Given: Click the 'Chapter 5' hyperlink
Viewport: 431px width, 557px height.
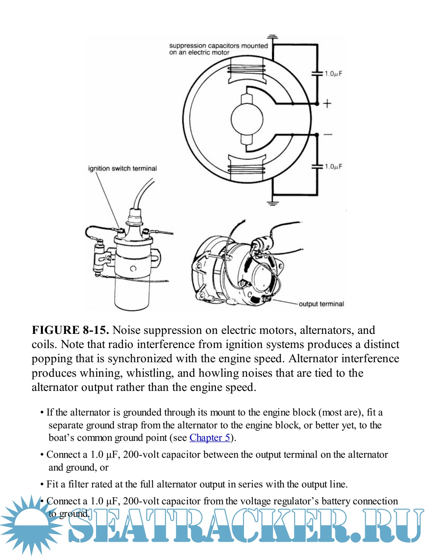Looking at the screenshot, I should pyautogui.click(x=210, y=438).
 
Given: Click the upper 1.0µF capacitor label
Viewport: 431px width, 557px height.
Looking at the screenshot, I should pyautogui.click(x=333, y=74).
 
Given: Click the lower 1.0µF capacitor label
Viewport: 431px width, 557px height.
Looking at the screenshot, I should pyautogui.click(x=333, y=166).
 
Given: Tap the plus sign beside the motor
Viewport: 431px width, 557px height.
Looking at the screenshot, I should pyautogui.click(x=327, y=104).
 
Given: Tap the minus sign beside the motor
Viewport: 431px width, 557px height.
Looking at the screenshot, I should pyautogui.click(x=328, y=135).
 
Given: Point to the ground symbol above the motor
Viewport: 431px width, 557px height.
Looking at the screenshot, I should pyautogui.click(x=272, y=36).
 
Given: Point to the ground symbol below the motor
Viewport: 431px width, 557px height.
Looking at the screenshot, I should pyautogui.click(x=272, y=203).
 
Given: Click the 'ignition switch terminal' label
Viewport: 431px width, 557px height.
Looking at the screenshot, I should pyautogui.click(x=122, y=168).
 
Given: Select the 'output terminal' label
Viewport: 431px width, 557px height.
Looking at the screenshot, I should pyautogui.click(x=321, y=304).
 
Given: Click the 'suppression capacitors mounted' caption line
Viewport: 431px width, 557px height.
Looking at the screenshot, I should pyautogui.click(x=218, y=46).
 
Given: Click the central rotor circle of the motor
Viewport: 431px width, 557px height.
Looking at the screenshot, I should pyautogui.click(x=247, y=119).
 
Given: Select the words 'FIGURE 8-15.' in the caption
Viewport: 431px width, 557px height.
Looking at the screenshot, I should pyautogui.click(x=70, y=330).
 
